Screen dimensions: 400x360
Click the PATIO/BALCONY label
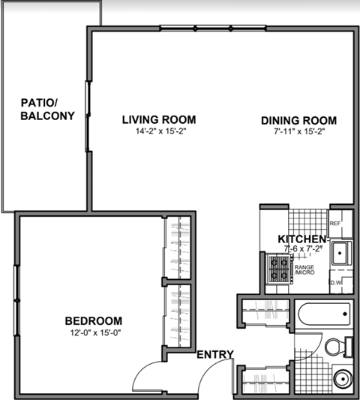[x=46, y=110]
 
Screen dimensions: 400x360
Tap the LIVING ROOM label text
[x=159, y=119]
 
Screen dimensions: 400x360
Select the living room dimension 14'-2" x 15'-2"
[x=159, y=131]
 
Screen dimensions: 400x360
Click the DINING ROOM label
[x=298, y=120]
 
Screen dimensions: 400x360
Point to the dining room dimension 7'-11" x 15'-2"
[x=298, y=132]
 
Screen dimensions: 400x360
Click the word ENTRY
[x=215, y=355]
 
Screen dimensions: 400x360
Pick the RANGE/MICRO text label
[x=304, y=269]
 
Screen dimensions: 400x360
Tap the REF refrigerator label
[x=335, y=224]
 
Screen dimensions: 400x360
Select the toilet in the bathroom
[x=338, y=346]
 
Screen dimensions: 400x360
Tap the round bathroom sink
[x=341, y=377]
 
